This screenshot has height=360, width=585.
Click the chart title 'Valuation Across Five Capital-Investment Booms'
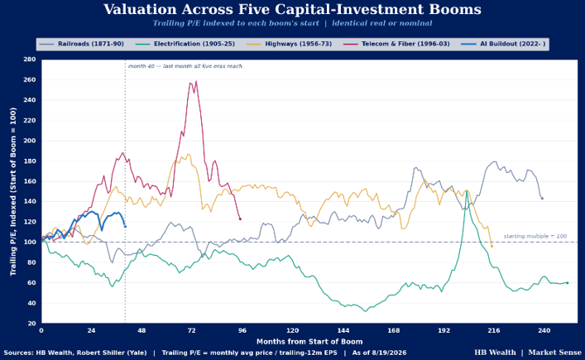(292, 9)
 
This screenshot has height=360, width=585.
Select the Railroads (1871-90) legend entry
(81, 44)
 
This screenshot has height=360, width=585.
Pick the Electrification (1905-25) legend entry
(185, 44)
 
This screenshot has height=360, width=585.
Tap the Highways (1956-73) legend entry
(289, 44)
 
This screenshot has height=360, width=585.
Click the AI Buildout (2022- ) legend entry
(503, 44)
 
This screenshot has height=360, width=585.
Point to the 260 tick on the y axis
(30, 79)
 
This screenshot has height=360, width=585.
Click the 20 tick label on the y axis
(31, 324)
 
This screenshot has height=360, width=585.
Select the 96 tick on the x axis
(242, 330)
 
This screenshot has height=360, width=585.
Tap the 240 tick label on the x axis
(544, 330)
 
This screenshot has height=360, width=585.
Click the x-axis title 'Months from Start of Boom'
(309, 341)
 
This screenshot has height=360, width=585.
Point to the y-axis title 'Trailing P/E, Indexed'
(13, 192)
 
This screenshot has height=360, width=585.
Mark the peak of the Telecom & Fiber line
(196, 81)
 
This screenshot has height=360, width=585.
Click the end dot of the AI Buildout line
(125, 227)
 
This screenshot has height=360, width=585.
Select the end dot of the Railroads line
(542, 199)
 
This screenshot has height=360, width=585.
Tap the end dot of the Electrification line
(568, 283)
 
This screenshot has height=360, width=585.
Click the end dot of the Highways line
(491, 247)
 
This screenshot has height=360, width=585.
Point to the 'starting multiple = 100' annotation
(535, 236)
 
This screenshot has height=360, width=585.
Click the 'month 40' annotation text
(185, 66)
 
